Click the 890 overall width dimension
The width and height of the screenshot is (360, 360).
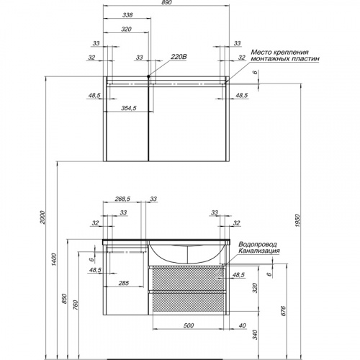click(166, 2)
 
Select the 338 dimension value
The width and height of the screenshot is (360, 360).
click(127, 15)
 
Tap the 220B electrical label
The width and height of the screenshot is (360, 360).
click(179, 57)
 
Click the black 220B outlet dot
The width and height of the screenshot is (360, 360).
click(148, 76)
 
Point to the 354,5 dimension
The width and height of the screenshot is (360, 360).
click(129, 108)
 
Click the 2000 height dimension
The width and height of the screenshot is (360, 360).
click(42, 217)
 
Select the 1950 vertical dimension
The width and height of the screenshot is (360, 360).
click(297, 221)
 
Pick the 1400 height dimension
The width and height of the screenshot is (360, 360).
click(54, 259)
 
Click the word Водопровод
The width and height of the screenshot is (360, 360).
click(254, 244)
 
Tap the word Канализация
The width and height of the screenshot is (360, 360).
click(259, 251)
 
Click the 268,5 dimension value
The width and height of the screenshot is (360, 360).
click(122, 199)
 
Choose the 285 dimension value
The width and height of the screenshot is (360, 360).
click(124, 283)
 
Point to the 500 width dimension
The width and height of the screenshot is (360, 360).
click(189, 325)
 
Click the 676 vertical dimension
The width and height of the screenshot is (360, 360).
click(283, 311)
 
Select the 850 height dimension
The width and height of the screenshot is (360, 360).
click(64, 299)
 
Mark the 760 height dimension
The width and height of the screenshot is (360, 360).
click(76, 305)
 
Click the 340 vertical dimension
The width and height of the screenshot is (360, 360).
click(255, 335)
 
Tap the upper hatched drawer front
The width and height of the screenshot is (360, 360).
click(187, 279)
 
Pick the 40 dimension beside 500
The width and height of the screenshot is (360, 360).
click(243, 325)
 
